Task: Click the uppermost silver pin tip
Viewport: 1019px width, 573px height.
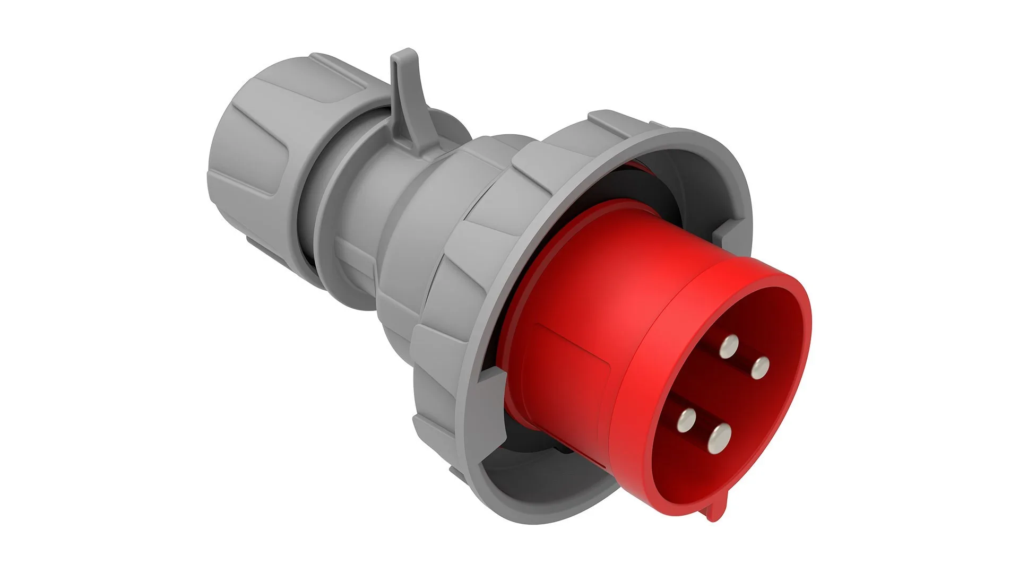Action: tap(730, 346)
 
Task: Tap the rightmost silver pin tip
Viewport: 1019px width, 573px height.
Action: tap(760, 368)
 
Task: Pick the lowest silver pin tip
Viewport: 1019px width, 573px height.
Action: tap(719, 439)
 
